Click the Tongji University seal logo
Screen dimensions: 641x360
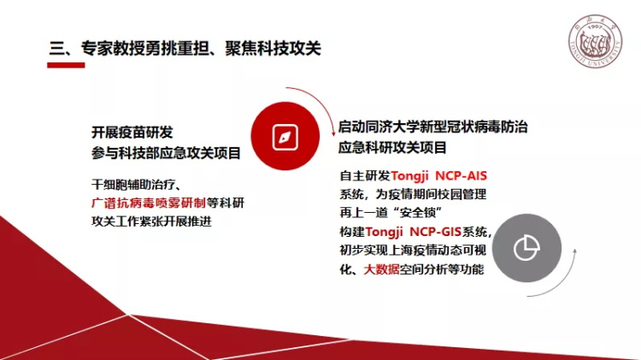(595, 42)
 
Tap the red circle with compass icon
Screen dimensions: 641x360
(285, 136)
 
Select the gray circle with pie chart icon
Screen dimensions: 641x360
(526, 248)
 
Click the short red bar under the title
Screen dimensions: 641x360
(66, 65)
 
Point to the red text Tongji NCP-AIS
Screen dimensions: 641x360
(438, 176)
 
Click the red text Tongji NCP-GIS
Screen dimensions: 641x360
(414, 232)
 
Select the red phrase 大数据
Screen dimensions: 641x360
(381, 269)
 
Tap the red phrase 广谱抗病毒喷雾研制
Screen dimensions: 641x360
(149, 203)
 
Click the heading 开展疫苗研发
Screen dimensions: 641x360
(132, 133)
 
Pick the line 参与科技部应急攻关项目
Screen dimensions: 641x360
(166, 153)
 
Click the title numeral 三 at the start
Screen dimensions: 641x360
(56, 48)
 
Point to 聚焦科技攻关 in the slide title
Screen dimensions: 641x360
(273, 48)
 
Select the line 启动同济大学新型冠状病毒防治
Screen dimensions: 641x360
(433, 127)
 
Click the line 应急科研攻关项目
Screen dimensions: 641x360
(392, 147)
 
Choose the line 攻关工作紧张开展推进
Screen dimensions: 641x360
(151, 221)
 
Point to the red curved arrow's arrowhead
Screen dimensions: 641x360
(333, 133)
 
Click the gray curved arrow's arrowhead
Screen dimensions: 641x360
(574, 252)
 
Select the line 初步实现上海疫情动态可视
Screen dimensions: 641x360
(413, 251)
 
